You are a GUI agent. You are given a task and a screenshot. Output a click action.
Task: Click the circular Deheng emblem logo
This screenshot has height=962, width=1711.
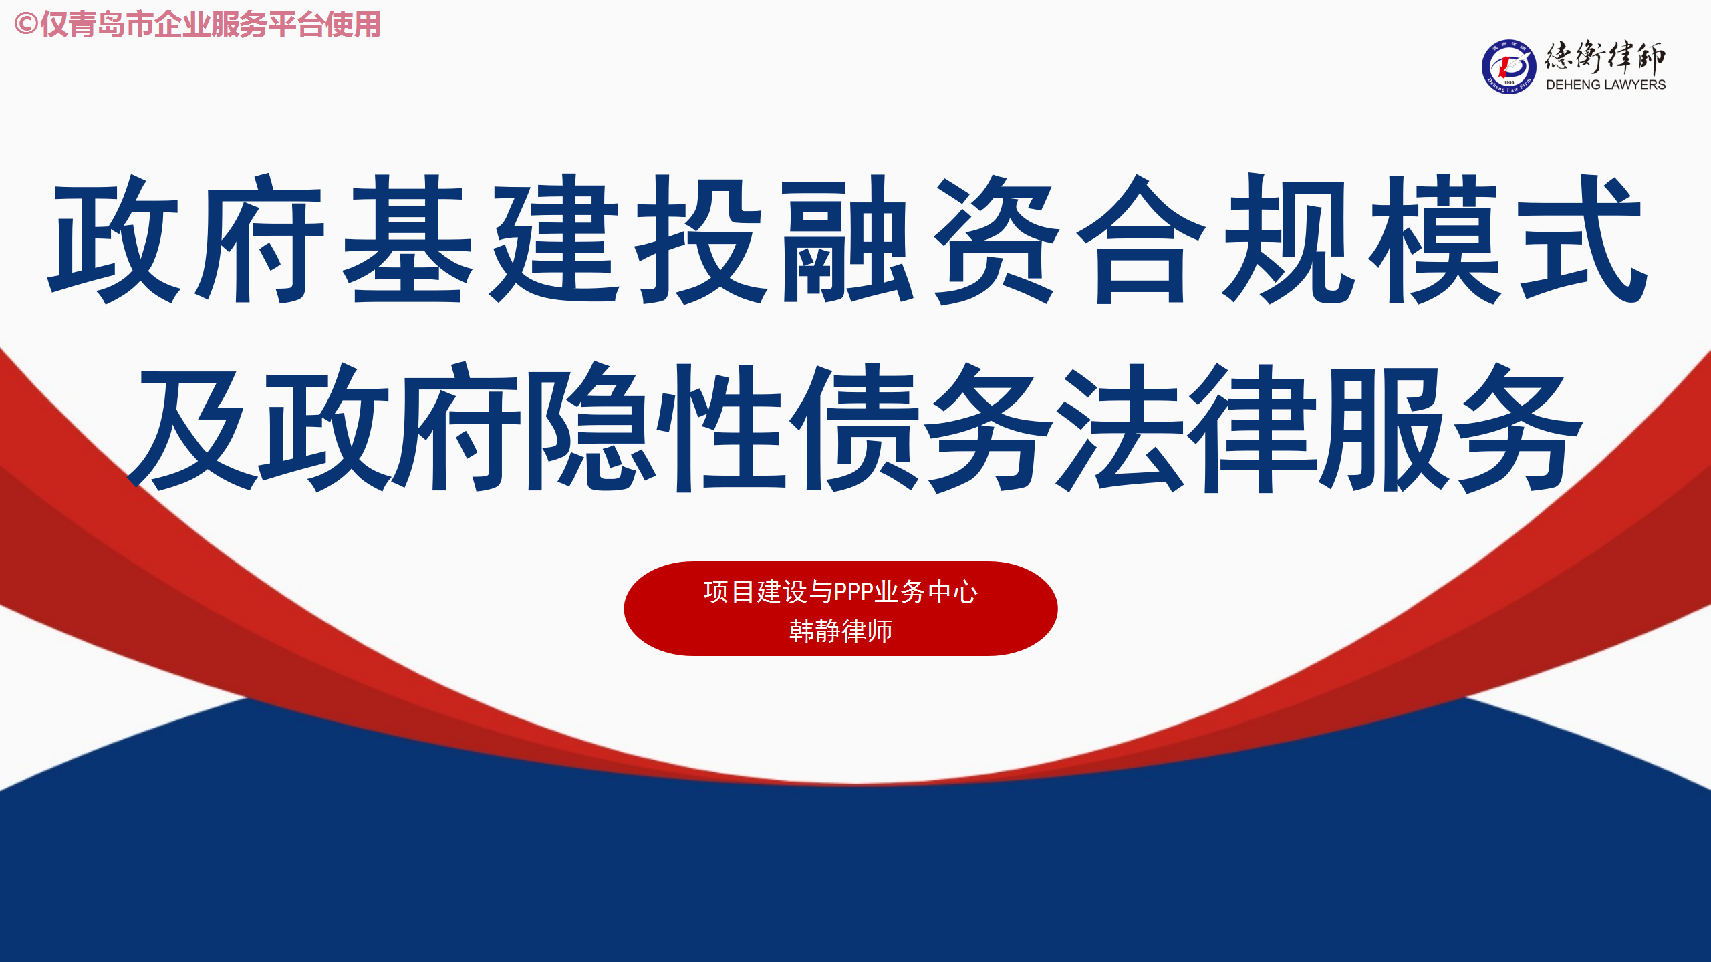(1508, 67)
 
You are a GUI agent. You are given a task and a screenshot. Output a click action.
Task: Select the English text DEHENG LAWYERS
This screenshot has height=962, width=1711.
(1605, 85)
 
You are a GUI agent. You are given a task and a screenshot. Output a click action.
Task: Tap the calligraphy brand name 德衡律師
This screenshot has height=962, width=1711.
(1605, 57)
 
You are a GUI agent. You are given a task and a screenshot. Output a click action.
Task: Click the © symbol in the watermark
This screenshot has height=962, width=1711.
(25, 25)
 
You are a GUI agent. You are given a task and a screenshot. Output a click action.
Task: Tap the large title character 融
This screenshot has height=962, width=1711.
(848, 238)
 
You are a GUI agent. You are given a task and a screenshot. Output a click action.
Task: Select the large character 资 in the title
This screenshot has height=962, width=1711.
(995, 238)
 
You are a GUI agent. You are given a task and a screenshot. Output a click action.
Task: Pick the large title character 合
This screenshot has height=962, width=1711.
(1142, 238)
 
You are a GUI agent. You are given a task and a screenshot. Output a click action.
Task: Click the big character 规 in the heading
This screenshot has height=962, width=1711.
(1288, 238)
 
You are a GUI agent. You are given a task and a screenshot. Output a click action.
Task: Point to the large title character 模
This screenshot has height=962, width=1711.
(1435, 238)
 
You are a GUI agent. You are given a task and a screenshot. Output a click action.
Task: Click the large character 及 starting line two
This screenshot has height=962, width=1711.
(192, 428)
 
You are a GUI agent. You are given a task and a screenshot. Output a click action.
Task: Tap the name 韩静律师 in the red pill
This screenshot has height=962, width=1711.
(841, 631)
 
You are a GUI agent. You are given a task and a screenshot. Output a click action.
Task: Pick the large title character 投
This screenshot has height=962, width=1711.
(702, 238)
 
